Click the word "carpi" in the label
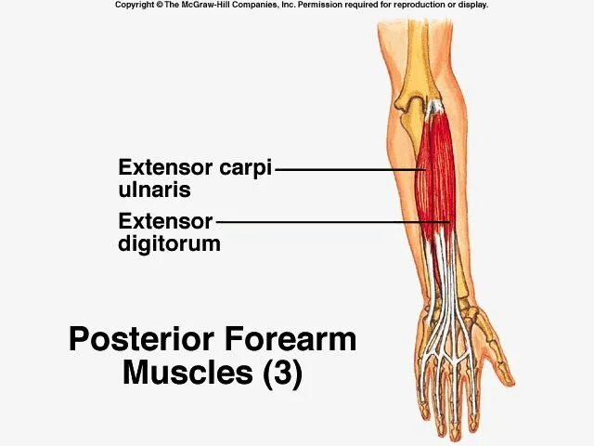coord(245,169)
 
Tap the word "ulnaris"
coord(154,190)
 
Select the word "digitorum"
coord(169,244)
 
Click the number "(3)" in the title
coord(282,373)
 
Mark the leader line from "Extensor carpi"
coord(348,169)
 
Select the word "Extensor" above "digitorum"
coord(165,223)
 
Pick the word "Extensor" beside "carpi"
coord(165,169)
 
